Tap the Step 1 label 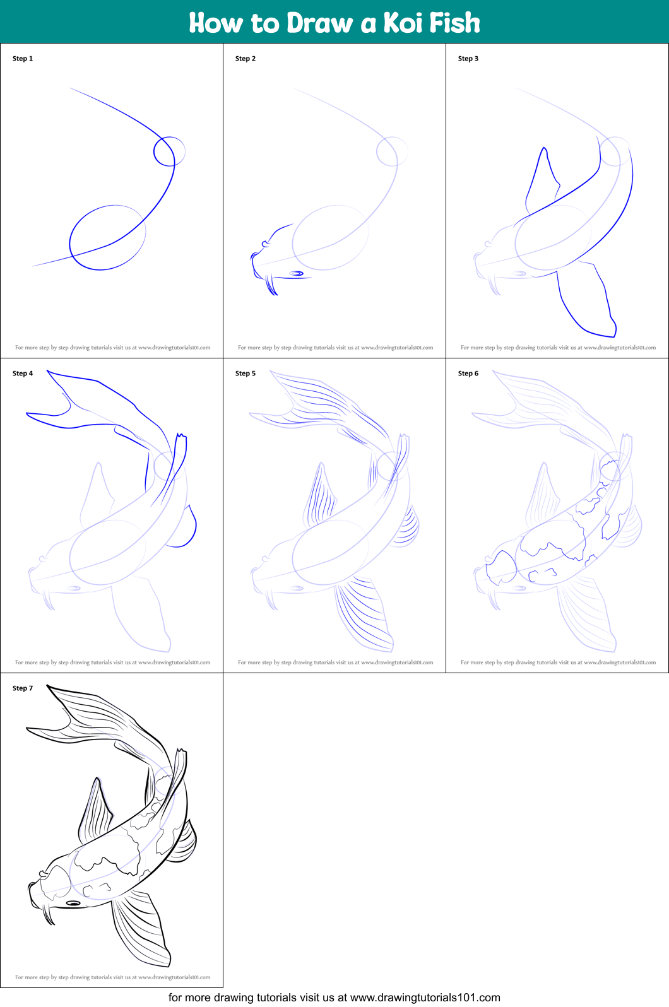[23, 59]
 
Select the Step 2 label [246, 59]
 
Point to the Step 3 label [468, 59]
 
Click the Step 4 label [23, 373]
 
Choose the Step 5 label [246, 373]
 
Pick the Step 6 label [468, 373]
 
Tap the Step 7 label [23, 688]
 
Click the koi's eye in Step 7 [73, 903]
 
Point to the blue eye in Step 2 [296, 273]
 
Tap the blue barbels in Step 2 [271, 285]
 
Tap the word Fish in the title [454, 23]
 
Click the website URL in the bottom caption [425, 998]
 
